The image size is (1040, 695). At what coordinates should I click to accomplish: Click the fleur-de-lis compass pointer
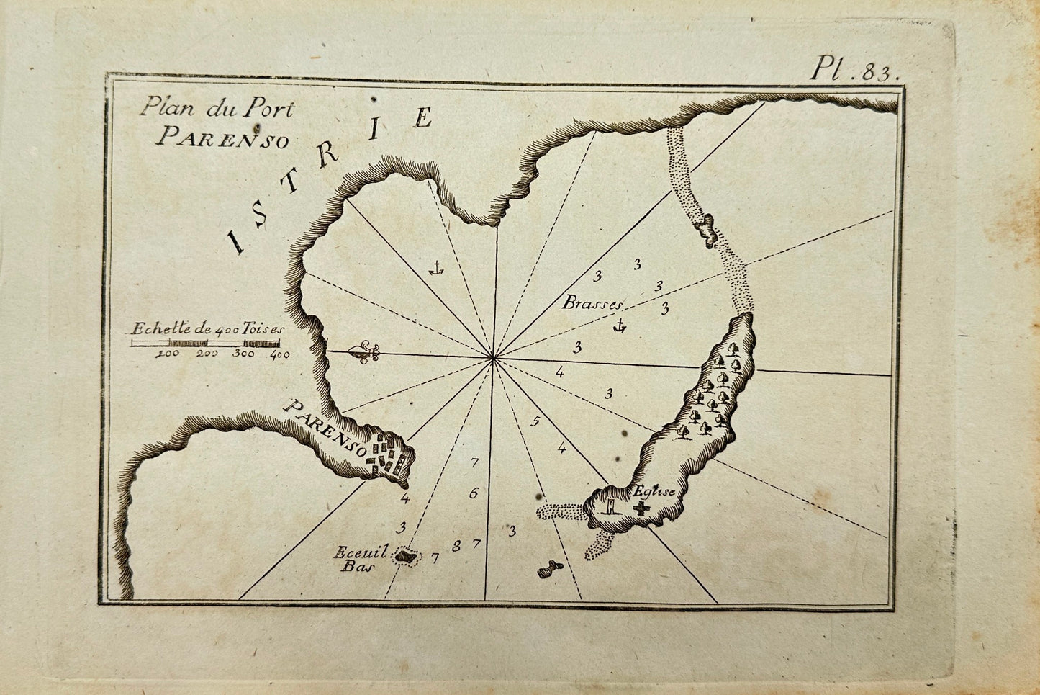coord(363,353)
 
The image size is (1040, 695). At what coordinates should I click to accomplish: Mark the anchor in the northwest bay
coord(434,269)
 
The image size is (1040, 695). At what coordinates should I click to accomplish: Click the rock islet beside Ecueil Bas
coord(406,557)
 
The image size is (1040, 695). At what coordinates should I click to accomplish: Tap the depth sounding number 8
coord(456,547)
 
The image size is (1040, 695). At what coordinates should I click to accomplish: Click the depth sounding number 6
coord(473,494)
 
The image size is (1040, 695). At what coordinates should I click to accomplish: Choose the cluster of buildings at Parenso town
coord(387,457)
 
